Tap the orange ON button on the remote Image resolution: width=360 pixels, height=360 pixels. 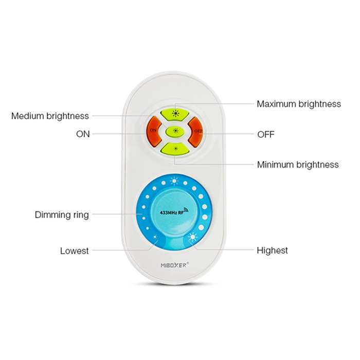[x=154, y=133]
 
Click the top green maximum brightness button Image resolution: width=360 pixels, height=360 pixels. [x=175, y=114]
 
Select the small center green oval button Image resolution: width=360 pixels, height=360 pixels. [x=175, y=131]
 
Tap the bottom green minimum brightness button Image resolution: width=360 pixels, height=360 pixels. [x=175, y=149]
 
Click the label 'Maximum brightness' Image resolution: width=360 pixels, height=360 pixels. [x=299, y=104]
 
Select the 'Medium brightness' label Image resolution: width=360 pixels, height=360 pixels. [x=50, y=116]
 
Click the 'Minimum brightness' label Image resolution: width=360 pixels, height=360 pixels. [x=298, y=165]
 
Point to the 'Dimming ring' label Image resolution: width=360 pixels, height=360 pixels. [x=62, y=215]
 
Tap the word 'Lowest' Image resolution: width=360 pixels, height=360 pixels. [x=75, y=251]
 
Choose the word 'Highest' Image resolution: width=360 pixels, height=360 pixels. [x=272, y=250]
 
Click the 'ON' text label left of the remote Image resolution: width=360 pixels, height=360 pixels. [x=83, y=134]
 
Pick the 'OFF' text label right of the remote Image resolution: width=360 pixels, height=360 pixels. [x=266, y=134]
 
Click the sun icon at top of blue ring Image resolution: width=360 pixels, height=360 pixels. [x=174, y=181]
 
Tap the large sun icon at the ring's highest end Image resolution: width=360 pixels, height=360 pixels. [x=192, y=237]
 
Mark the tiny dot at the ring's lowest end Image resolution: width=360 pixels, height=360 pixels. [x=155, y=237]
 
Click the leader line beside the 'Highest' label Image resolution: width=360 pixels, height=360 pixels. [x=224, y=249]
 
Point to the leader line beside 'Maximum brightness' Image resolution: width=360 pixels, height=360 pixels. [x=214, y=104]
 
